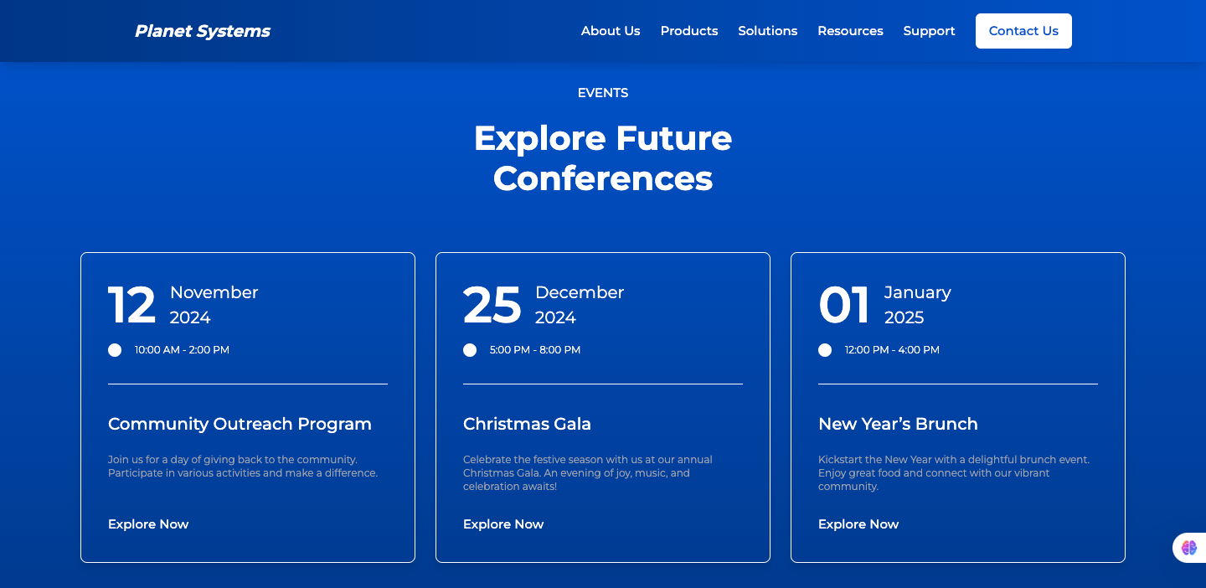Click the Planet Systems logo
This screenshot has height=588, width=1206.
[203, 31]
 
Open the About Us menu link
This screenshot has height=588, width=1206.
[611, 31]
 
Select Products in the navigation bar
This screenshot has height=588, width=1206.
[689, 31]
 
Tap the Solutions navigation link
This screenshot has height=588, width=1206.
[768, 31]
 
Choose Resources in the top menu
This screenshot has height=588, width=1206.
[851, 31]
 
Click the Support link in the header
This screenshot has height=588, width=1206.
[930, 31]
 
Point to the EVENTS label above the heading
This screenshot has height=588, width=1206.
[603, 93]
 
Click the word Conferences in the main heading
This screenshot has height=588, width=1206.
[603, 178]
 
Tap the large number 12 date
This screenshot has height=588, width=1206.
[132, 305]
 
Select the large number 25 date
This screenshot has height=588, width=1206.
[492, 305]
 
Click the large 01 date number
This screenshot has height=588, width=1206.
[843, 305]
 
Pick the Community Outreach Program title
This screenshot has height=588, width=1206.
[240, 425]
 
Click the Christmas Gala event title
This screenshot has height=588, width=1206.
[527, 425]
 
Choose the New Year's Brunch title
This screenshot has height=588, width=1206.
[898, 425]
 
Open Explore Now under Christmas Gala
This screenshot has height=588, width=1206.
[503, 524]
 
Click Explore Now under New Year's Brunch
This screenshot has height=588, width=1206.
[858, 524]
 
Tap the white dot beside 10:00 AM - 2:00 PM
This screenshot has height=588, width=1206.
[115, 350]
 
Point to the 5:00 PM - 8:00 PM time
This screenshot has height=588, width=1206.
[535, 350]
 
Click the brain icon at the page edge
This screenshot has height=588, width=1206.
[1188, 548]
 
